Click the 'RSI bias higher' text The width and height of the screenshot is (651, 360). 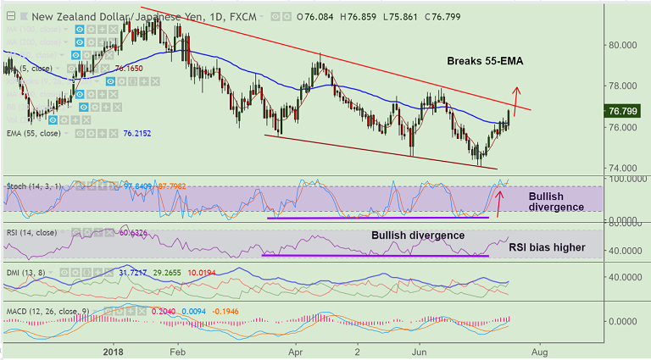(546, 248)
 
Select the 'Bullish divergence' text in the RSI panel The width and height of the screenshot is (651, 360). (417, 235)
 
